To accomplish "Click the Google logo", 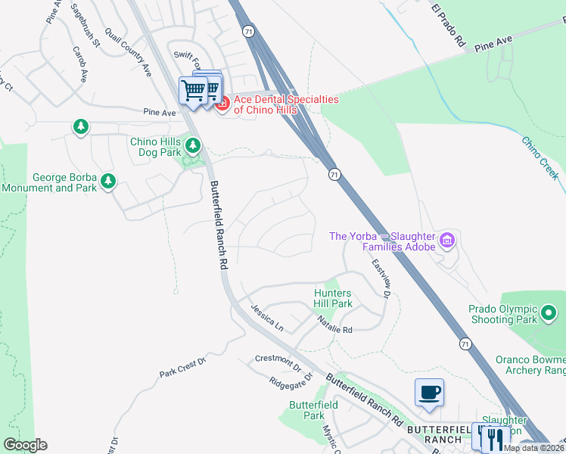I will (25, 445).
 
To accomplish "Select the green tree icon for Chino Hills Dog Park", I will (194, 145).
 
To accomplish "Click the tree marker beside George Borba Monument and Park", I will (108, 181).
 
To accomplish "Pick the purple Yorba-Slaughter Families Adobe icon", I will (447, 241).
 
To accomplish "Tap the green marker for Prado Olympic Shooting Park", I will (549, 312).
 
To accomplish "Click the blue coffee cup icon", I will (429, 393).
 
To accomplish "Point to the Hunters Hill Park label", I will (334, 298).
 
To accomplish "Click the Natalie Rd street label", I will (335, 325).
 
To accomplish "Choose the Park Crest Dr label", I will (182, 368).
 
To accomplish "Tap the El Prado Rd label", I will (447, 26).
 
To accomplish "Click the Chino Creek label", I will (540, 157).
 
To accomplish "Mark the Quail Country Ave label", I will (129, 53).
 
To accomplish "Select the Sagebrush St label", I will (85, 25).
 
